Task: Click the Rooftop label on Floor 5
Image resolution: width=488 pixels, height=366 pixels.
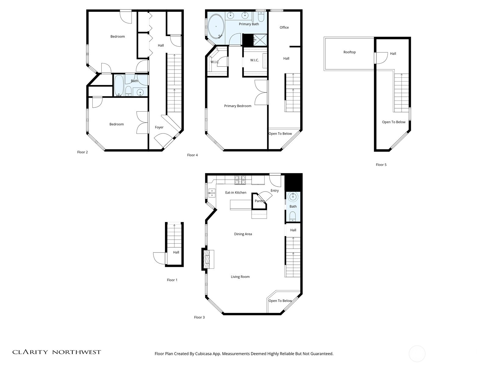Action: (x=349, y=52)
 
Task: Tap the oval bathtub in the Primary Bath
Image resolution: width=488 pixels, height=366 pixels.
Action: (x=216, y=27)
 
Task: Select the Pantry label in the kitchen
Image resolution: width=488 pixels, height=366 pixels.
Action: (x=260, y=201)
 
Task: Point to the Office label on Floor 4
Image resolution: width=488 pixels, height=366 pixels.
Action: (x=284, y=27)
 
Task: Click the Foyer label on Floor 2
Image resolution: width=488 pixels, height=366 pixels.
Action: (x=159, y=127)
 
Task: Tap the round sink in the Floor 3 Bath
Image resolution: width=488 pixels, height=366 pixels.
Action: (x=293, y=197)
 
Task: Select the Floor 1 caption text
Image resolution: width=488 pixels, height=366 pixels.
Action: (x=172, y=280)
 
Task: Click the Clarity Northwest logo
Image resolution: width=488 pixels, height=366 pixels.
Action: (x=56, y=352)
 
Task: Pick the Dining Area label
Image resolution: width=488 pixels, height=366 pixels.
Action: (x=243, y=234)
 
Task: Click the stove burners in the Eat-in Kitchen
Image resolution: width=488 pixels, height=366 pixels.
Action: (x=240, y=180)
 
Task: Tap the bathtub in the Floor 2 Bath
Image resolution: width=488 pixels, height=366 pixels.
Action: (x=119, y=85)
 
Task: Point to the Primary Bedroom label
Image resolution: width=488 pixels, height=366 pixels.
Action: (x=238, y=106)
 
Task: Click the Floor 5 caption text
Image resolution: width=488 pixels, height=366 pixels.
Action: (x=381, y=165)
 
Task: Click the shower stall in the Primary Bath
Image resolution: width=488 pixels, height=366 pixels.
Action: (x=260, y=40)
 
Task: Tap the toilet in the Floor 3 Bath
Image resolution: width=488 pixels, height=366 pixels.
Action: (x=292, y=217)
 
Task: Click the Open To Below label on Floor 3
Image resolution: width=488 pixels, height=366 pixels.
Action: (x=280, y=301)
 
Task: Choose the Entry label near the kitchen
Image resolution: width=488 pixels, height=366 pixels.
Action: (x=274, y=191)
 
